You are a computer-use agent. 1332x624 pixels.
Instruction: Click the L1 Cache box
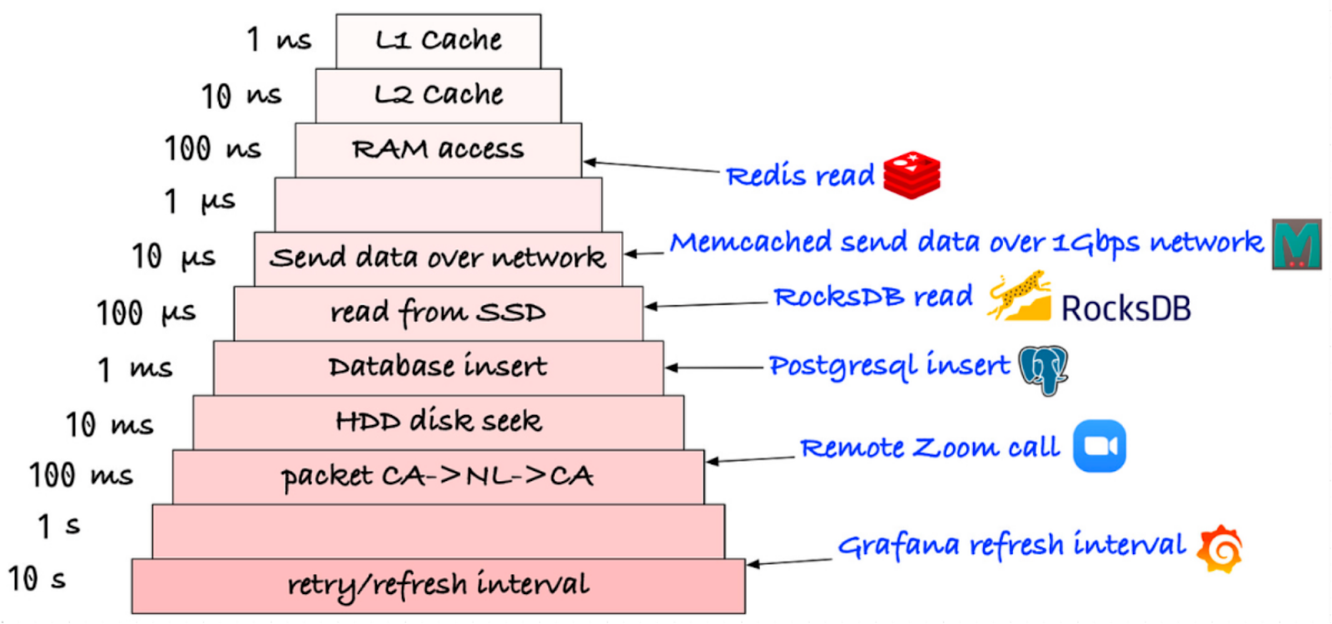click(x=438, y=40)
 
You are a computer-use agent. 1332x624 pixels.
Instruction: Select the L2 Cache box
click(x=438, y=95)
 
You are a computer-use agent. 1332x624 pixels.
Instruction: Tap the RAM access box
click(x=438, y=150)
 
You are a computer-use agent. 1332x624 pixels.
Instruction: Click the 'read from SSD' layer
click(x=438, y=313)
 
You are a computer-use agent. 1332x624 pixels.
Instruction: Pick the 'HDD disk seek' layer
click(x=438, y=422)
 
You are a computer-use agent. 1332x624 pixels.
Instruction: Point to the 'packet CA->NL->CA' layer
click(x=438, y=477)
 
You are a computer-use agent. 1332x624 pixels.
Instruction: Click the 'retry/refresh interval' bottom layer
click(x=438, y=585)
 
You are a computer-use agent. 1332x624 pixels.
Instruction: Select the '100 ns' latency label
click(x=212, y=150)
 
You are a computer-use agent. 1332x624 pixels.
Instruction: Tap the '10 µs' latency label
click(x=173, y=257)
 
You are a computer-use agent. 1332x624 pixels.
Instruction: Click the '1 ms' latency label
click(x=135, y=368)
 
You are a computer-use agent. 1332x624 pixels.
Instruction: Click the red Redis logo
click(x=912, y=175)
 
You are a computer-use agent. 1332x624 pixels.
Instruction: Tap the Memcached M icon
click(x=1296, y=244)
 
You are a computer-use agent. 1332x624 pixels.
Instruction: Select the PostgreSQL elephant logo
click(x=1043, y=369)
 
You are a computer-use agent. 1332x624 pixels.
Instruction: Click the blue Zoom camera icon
click(x=1099, y=447)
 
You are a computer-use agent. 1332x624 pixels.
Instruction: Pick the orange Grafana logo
click(x=1220, y=549)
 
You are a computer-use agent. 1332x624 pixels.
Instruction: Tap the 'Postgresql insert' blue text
click(x=888, y=366)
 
